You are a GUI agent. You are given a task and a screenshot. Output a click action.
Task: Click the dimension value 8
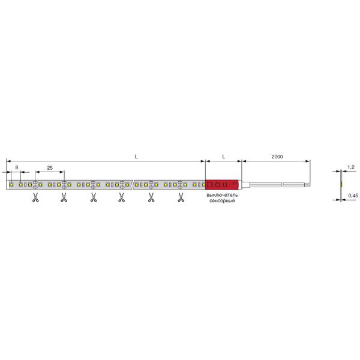point(17,167)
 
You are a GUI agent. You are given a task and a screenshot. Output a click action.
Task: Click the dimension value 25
point(50,168)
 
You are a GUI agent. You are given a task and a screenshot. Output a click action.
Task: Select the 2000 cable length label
point(277,157)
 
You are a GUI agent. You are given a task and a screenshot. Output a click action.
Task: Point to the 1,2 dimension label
point(351,167)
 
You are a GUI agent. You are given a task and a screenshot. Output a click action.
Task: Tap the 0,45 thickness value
point(353,196)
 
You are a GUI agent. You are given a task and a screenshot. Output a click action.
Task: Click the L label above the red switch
point(224,157)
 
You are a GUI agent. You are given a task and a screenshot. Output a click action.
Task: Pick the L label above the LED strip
point(136,157)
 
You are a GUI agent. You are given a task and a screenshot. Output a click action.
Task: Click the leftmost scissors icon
point(35,197)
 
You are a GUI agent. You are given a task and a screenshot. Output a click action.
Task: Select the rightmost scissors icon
point(181,197)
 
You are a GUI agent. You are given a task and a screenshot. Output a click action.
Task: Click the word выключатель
point(222,195)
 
